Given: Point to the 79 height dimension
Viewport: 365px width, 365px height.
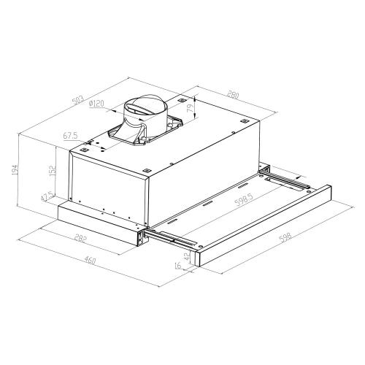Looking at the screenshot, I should click(x=191, y=109).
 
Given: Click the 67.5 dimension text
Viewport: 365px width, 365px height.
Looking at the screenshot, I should click(x=71, y=135).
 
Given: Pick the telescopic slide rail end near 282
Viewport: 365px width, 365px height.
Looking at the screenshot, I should click(x=140, y=235).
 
